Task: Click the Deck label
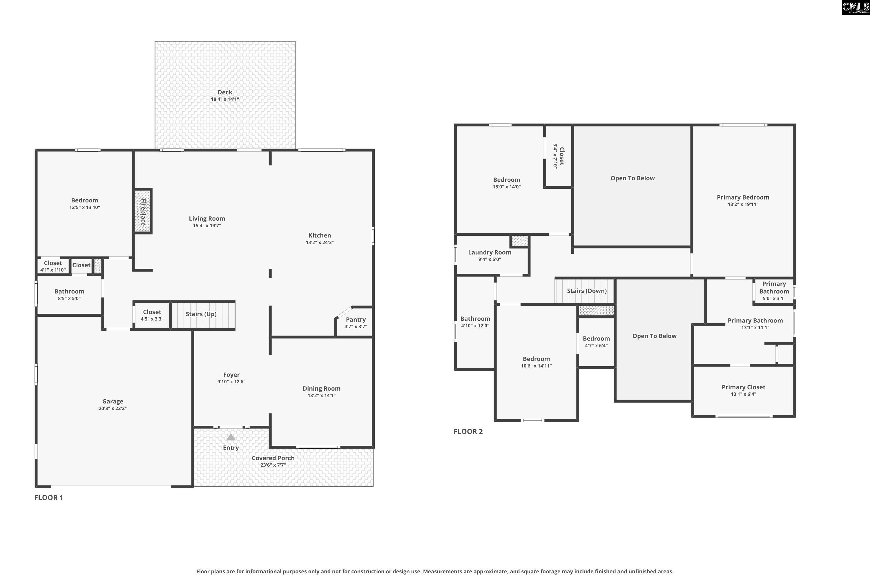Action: click(x=225, y=92)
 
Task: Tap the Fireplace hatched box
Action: click(x=142, y=211)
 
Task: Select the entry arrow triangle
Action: click(x=231, y=437)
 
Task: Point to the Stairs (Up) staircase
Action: click(x=203, y=315)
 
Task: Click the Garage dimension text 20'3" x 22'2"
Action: click(x=113, y=408)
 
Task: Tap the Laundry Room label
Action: click(x=490, y=252)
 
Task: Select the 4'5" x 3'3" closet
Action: click(x=152, y=315)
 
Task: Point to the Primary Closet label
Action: click(x=744, y=387)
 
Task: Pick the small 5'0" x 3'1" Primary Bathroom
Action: click(x=774, y=291)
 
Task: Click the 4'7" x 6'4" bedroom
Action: click(x=596, y=342)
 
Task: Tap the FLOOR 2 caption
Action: click(x=468, y=431)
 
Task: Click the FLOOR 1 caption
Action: click(x=49, y=498)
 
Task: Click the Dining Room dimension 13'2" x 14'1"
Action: click(x=321, y=396)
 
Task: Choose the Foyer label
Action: click(x=231, y=375)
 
